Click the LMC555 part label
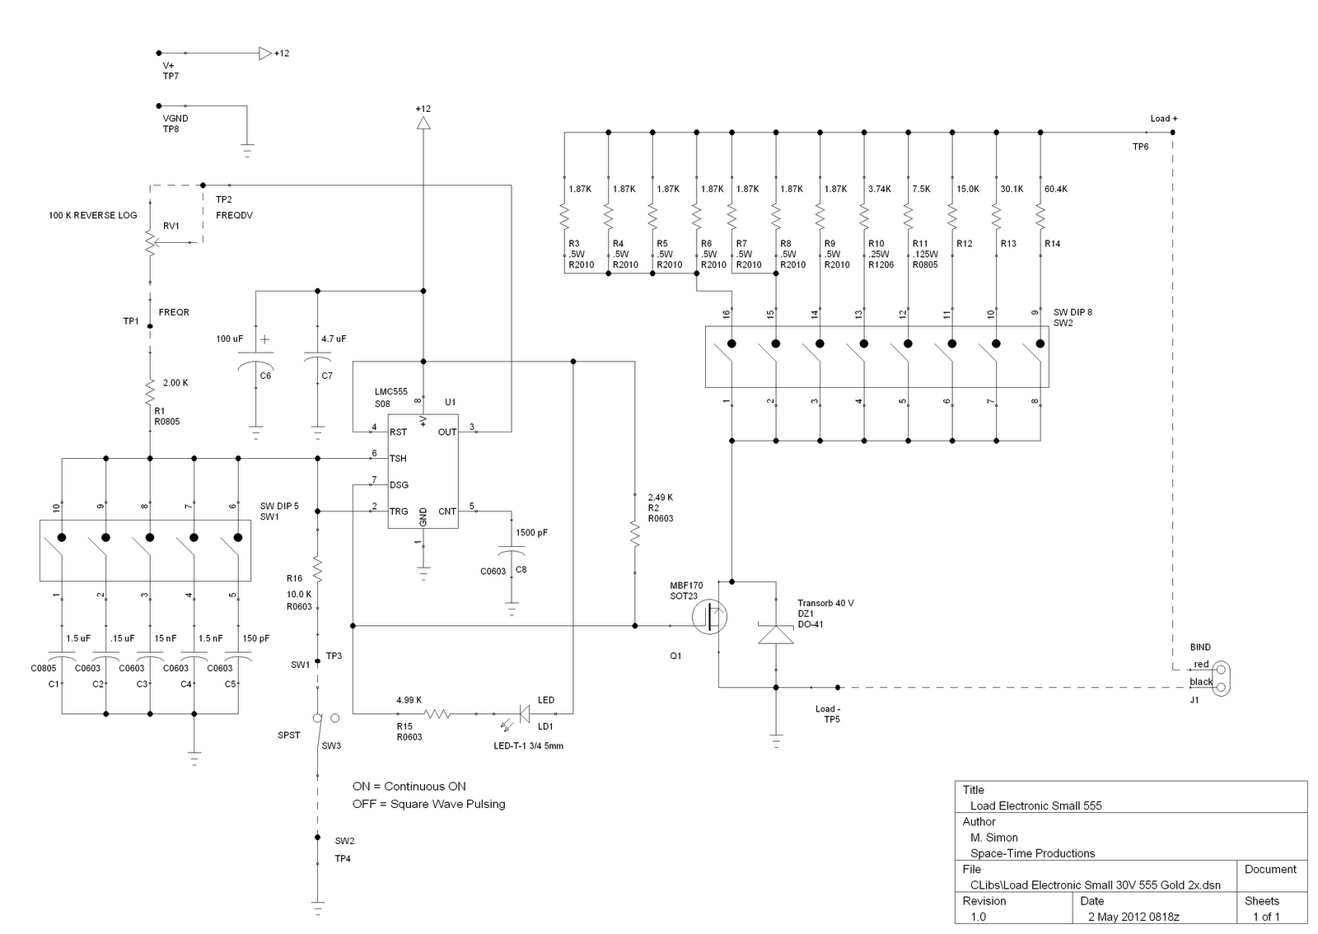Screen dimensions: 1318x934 390,392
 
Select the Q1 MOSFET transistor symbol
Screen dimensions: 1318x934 709,617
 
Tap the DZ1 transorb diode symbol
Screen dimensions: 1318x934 775,633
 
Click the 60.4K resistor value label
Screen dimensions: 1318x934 1055,189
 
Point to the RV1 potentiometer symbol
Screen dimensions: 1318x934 151,241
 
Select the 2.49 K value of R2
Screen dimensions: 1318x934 660,497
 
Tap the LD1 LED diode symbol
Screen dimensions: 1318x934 523,714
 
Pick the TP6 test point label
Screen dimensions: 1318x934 1140,147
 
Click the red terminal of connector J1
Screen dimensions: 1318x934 1220,670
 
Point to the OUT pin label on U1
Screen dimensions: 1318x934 447,432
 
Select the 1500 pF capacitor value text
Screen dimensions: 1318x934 531,533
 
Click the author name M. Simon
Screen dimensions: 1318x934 993,838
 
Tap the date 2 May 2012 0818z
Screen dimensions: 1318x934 1133,917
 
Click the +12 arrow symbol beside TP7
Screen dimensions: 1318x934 265,54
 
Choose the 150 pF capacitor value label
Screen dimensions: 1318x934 256,639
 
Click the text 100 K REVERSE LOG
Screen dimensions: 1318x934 93,216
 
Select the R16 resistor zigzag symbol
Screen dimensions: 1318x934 318,569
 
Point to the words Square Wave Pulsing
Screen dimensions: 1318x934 448,804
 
